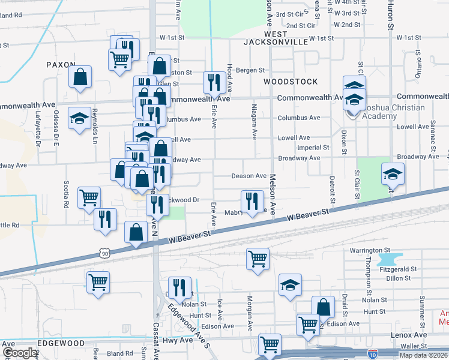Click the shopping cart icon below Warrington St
pos(258,259)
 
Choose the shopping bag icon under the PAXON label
pos(80,76)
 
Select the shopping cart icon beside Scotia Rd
pos(89,196)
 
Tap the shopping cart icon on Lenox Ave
pos(270,344)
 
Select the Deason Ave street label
pos(249,176)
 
